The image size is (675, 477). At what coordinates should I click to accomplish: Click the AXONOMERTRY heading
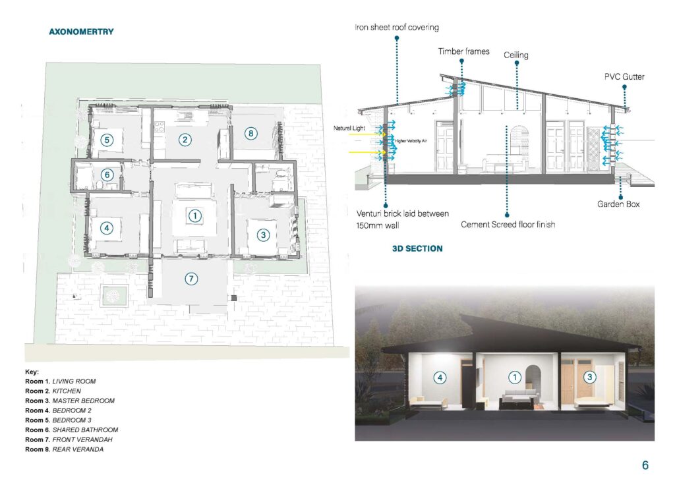tap(81, 32)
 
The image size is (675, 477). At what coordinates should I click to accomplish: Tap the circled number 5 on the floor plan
tap(107, 140)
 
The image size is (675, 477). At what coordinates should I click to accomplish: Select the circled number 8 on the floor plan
tap(251, 133)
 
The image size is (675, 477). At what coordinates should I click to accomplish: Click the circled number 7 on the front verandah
tap(191, 279)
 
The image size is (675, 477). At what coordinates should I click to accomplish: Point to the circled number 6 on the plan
tap(107, 175)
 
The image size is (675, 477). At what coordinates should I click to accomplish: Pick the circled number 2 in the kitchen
tap(185, 140)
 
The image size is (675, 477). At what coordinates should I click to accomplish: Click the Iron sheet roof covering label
tap(396, 28)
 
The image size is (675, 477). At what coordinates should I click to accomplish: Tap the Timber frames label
tap(463, 51)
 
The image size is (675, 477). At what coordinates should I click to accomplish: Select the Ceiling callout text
tap(515, 55)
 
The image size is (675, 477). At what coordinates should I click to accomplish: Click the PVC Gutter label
tap(624, 77)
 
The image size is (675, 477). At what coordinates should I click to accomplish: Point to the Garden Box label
tap(618, 204)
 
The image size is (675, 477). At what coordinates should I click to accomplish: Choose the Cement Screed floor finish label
tap(508, 225)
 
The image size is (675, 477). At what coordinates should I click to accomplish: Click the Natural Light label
tap(349, 128)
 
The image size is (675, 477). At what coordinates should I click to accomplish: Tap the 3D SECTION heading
tap(417, 248)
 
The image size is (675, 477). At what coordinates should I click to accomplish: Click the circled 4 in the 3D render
tap(440, 378)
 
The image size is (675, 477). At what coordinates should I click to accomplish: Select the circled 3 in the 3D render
tap(589, 378)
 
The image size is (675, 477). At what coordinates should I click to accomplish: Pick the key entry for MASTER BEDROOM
tap(70, 401)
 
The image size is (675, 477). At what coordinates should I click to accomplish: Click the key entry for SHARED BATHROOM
tap(71, 430)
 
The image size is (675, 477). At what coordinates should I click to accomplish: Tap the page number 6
tap(645, 465)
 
